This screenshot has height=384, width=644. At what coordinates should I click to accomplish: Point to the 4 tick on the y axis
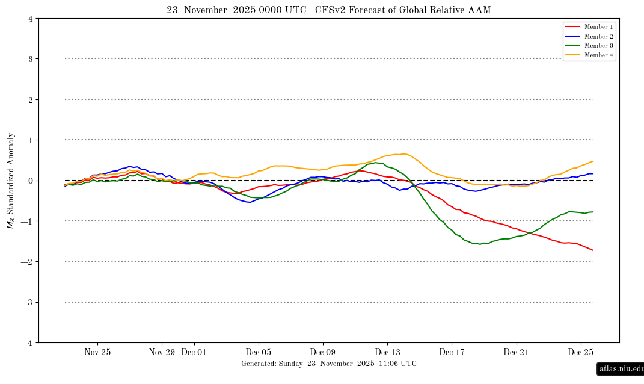[x=30, y=19]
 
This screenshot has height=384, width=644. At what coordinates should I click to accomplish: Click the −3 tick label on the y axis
[x=28, y=302]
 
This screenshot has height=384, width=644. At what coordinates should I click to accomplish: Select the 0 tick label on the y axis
[x=30, y=181]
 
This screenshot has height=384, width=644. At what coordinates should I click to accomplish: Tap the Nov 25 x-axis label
[x=97, y=352]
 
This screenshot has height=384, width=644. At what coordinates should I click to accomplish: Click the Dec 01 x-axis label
[x=194, y=352]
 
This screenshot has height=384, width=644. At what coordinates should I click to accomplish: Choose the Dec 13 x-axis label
[x=387, y=352]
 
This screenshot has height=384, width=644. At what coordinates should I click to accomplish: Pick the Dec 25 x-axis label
[x=581, y=352]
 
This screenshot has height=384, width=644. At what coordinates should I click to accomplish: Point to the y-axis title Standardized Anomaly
[x=10, y=181]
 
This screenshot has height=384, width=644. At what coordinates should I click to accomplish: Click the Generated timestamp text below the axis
[x=328, y=364]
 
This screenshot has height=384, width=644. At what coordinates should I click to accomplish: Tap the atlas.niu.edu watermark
[x=619, y=368]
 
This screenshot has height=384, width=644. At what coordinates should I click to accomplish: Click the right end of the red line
[x=593, y=250]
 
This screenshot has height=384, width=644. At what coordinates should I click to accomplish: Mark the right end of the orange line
[x=593, y=161]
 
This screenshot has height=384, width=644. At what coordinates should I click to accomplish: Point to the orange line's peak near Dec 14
[x=403, y=154]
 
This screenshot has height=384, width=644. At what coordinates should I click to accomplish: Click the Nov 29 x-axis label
[x=161, y=352]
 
